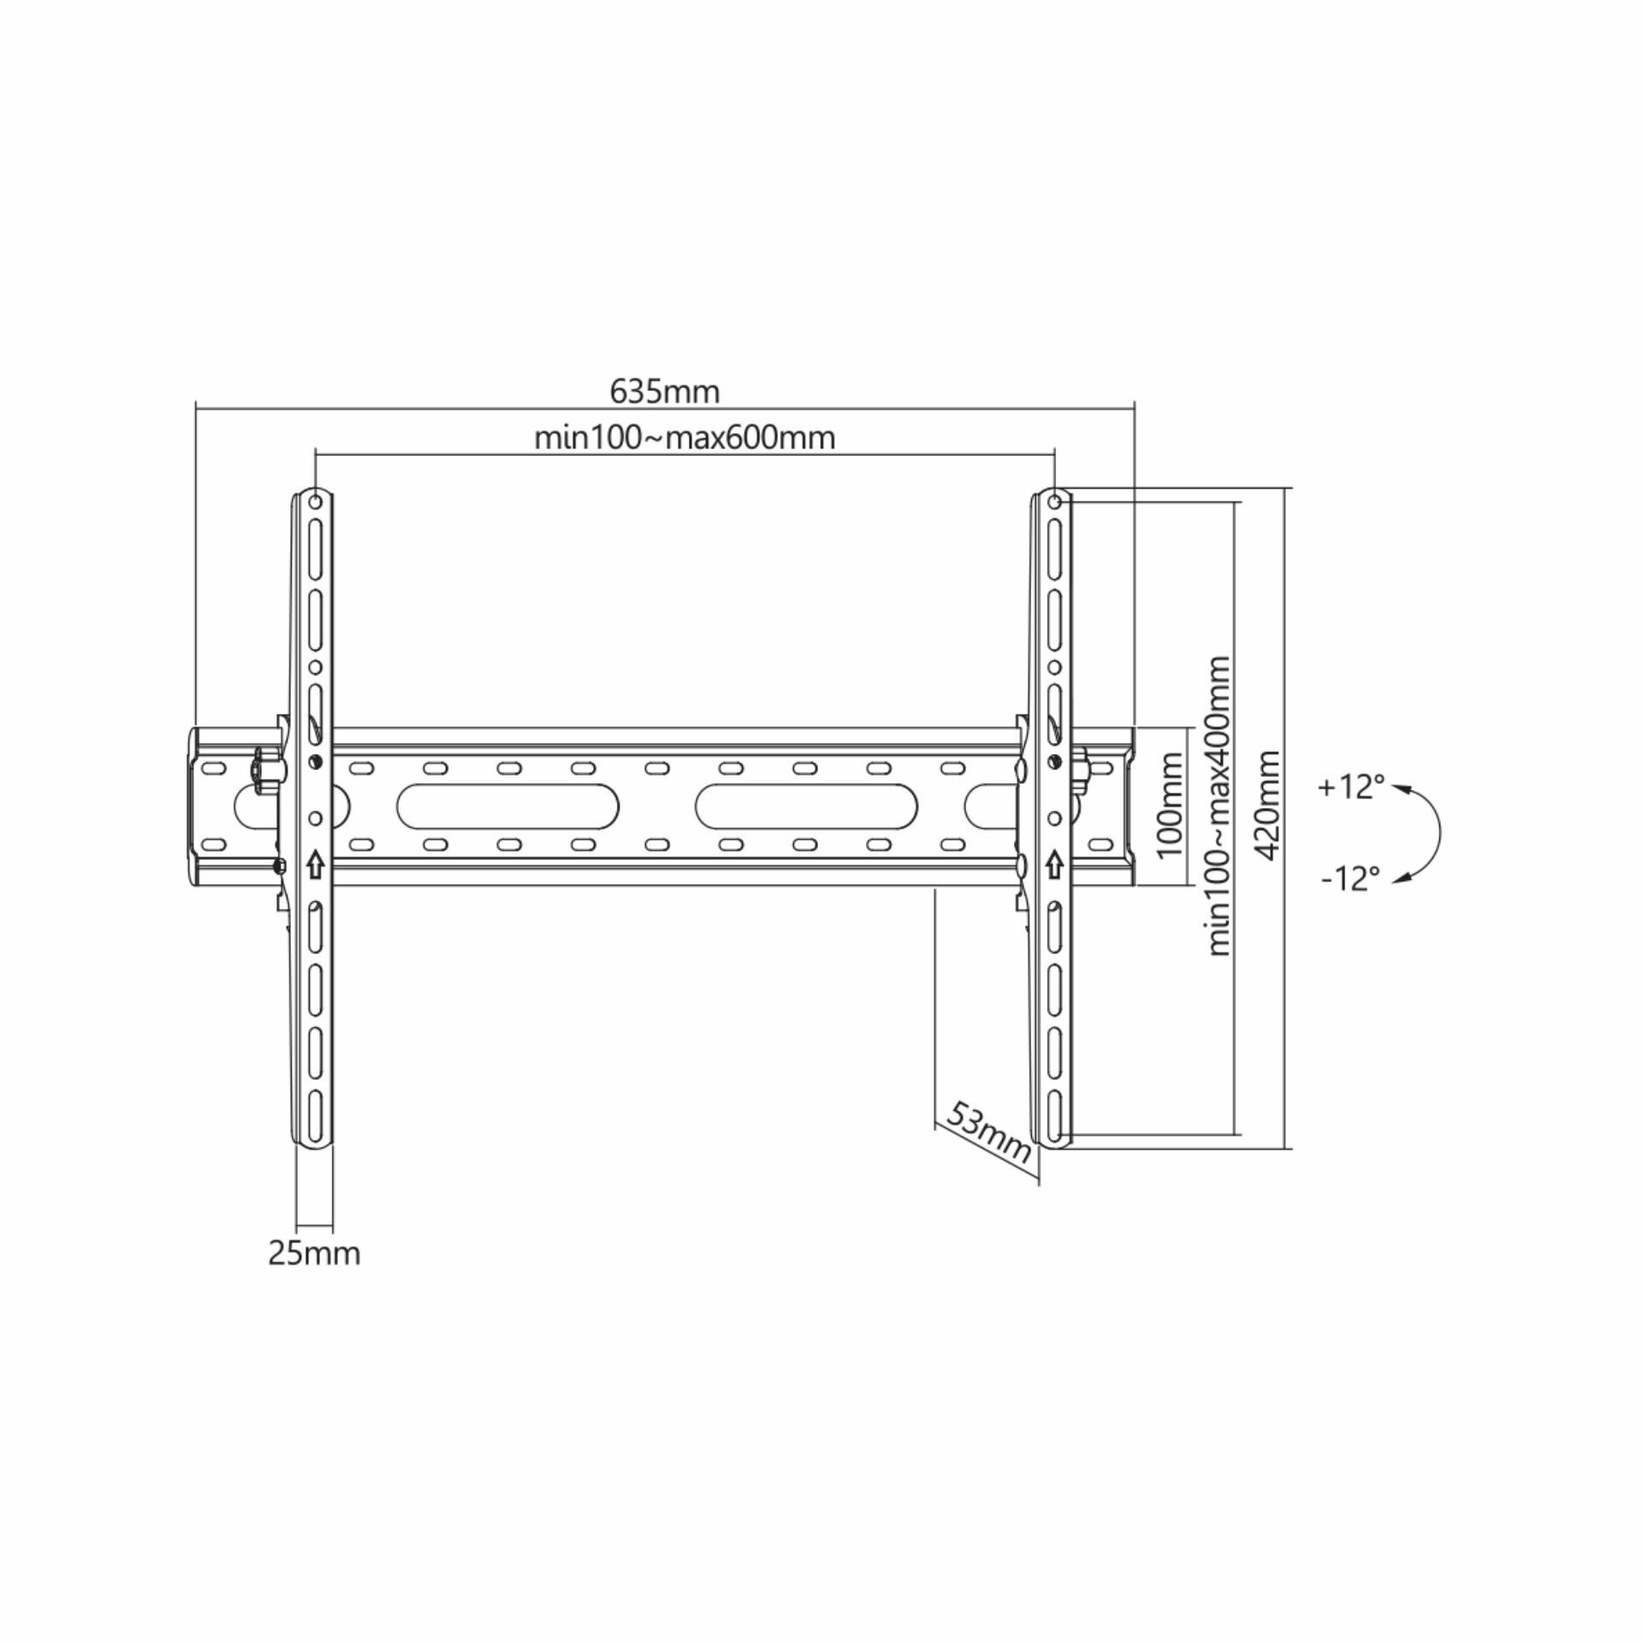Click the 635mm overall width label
coord(665,391)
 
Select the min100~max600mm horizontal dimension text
coord(685,437)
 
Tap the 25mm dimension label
coord(314,1254)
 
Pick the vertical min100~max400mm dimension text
coord(1219,805)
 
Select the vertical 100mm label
coord(1169,804)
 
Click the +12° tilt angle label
coord(1351,786)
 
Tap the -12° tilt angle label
coord(1351,879)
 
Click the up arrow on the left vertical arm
coord(315,864)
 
